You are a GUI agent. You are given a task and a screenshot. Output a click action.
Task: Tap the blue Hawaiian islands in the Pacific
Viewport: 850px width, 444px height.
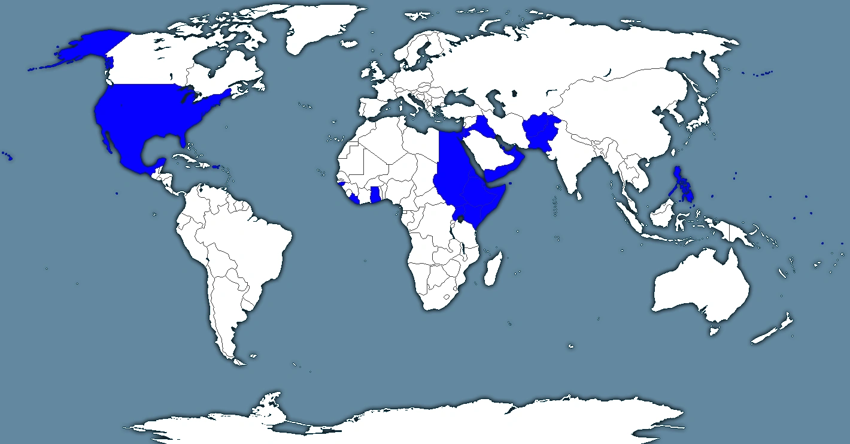point(9,158)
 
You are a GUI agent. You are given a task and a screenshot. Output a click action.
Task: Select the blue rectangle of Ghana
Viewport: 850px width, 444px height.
point(376,195)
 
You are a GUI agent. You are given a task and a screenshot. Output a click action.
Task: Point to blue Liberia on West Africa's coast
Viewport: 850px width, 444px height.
point(354,198)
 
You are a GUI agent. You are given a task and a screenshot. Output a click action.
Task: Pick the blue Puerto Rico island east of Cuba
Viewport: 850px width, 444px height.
point(216,167)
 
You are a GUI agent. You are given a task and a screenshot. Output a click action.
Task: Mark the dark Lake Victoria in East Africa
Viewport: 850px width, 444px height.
point(461,221)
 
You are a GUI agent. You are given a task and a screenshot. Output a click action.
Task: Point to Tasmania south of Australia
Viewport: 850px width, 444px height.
point(714,330)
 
